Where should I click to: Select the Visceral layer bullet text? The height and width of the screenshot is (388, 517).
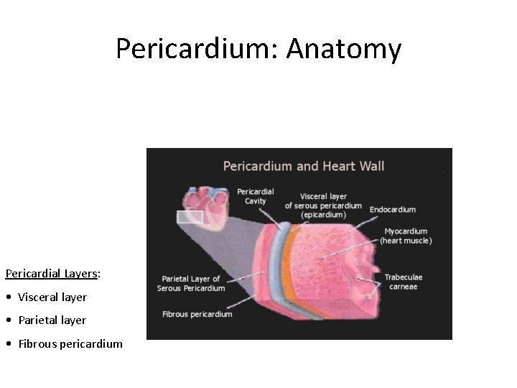click(x=52, y=297)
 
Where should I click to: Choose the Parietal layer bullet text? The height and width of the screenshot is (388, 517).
click(x=52, y=320)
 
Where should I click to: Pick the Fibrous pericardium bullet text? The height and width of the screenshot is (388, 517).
click(x=70, y=343)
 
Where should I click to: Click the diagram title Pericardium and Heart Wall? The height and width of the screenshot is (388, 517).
click(x=304, y=166)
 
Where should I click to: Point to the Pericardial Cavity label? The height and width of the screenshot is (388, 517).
click(x=255, y=196)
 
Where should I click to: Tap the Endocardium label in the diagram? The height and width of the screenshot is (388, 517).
click(x=393, y=210)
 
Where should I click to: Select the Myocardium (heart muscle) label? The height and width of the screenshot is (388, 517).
click(x=406, y=236)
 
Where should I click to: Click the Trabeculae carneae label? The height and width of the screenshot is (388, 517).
click(x=404, y=282)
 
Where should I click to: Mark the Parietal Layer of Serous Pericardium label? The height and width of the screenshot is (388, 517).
click(x=191, y=284)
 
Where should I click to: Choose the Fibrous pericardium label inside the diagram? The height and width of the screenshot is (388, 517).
click(x=197, y=314)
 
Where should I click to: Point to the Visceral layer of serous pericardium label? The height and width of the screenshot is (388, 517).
click(x=323, y=205)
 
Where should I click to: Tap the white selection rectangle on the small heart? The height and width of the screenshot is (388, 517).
click(x=190, y=216)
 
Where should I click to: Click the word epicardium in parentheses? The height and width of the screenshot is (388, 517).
click(x=323, y=215)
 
